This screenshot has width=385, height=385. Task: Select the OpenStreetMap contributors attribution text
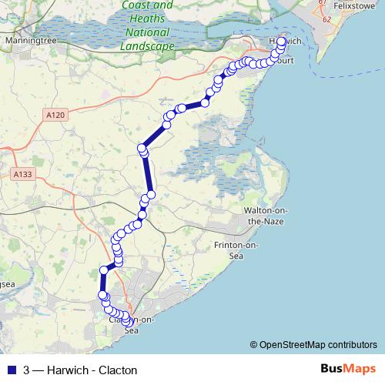(316, 345)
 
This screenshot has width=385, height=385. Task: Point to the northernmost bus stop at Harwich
(281, 42)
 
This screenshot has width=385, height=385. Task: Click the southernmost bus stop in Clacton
(127, 323)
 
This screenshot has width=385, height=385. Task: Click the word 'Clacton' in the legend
(109, 369)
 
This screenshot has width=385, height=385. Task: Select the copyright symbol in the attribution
(254, 345)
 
